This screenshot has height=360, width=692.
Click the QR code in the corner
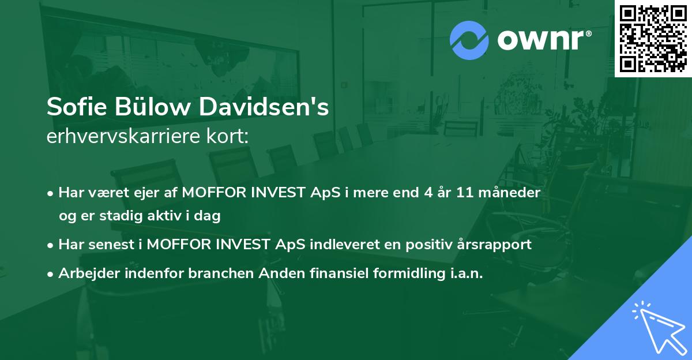tap(653, 38)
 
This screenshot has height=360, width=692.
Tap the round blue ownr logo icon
tap(469, 40)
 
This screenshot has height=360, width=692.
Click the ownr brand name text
tap(543, 40)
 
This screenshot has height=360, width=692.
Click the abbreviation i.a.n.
tap(464, 273)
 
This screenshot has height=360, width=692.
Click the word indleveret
tap(345, 245)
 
